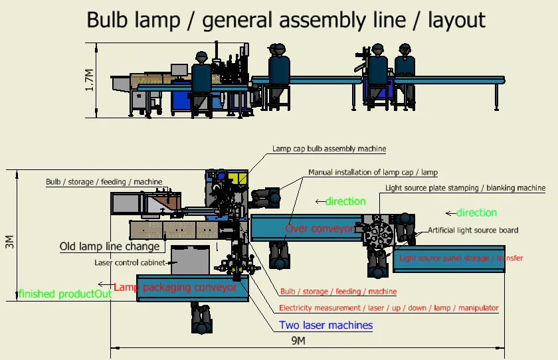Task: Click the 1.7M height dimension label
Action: click(89, 80)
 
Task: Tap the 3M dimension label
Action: click(9, 242)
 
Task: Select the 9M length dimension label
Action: click(298, 341)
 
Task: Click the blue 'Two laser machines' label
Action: click(325, 325)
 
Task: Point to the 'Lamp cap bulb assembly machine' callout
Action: click(329, 149)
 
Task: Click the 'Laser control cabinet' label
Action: click(130, 262)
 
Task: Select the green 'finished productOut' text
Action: click(65, 294)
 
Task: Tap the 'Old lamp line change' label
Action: click(110, 246)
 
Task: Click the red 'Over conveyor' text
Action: click(320, 228)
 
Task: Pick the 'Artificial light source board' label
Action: click(473, 230)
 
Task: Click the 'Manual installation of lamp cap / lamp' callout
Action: click(373, 173)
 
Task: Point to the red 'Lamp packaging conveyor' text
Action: click(175, 287)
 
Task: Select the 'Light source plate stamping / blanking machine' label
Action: click(466, 188)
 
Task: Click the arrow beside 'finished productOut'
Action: click(106, 284)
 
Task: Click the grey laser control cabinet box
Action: click(190, 260)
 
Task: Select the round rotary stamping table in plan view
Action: click(378, 230)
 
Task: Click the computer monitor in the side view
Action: click(179, 70)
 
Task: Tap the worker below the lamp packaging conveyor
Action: click(201, 317)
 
